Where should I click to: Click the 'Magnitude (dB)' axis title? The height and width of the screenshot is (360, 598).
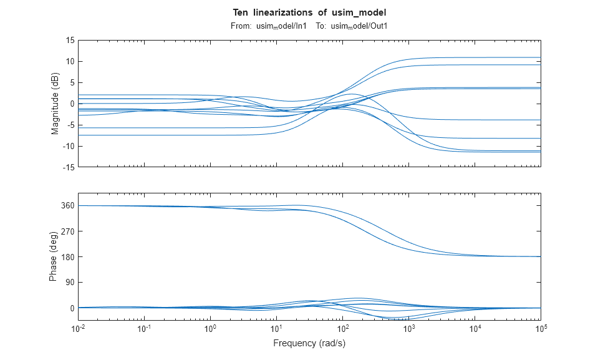point(55,104)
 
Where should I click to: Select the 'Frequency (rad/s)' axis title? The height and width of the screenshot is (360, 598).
point(309,343)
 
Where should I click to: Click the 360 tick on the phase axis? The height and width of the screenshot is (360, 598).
point(67,206)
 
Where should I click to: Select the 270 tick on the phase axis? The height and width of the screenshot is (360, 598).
point(67,231)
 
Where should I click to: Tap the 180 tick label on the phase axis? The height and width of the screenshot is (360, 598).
point(67,257)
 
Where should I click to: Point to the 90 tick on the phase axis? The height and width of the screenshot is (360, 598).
point(69,283)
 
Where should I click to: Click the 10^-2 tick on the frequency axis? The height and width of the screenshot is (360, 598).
point(79,328)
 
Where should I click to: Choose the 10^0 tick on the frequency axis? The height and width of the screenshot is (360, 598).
point(211,328)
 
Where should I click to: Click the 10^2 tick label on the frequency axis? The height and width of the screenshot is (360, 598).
point(342,328)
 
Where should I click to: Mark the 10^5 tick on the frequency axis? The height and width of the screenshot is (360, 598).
point(540,328)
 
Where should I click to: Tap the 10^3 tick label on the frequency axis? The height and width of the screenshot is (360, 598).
point(408,328)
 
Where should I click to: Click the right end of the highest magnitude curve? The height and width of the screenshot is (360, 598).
point(539,57)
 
